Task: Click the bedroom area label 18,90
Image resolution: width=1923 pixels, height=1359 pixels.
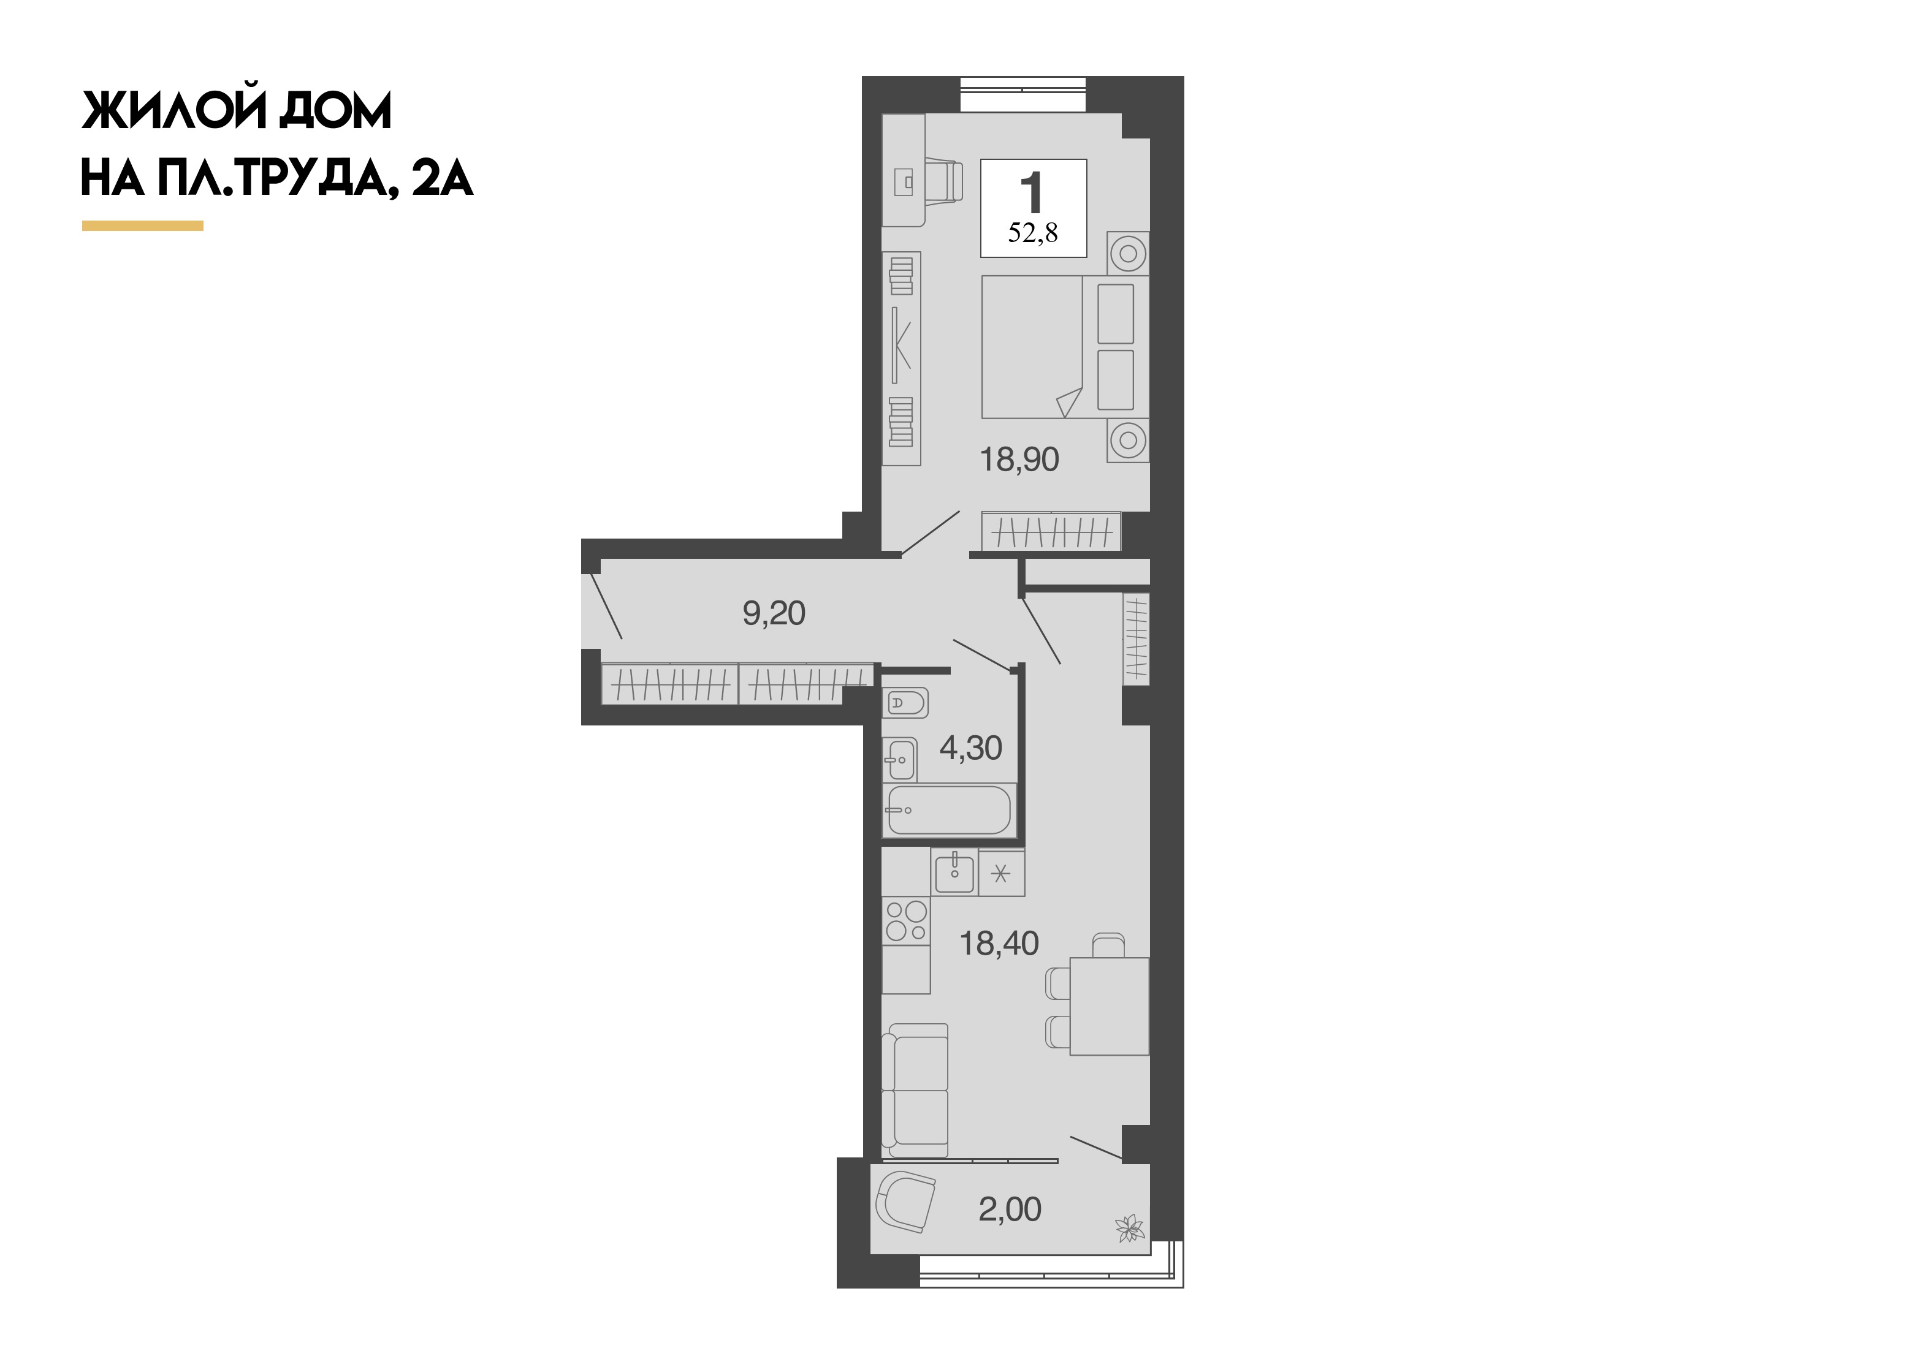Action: (1019, 460)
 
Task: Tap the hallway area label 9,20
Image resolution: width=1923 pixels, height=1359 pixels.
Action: (774, 614)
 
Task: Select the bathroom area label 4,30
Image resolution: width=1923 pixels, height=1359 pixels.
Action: (971, 748)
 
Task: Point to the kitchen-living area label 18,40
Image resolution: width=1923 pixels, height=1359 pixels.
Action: (999, 944)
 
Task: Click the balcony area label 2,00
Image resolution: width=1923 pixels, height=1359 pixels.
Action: (1010, 1210)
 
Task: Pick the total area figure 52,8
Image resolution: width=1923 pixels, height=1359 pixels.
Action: (1033, 233)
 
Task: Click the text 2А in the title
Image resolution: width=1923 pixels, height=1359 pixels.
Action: (442, 178)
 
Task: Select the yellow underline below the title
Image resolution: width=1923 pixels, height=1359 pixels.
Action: (142, 225)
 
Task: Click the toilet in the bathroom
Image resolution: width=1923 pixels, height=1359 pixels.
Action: (905, 703)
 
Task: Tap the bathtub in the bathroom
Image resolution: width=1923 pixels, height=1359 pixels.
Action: (949, 810)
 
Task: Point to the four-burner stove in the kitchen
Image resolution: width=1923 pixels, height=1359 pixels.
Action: (906, 921)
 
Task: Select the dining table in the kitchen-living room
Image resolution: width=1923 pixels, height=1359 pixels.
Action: (1109, 1005)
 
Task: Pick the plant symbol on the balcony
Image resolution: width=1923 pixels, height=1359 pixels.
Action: (1130, 1228)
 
